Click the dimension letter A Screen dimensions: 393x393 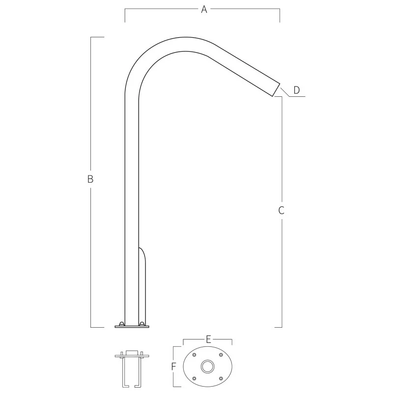pyautogui.click(x=204, y=9)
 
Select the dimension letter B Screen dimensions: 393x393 pyautogui.click(x=90, y=179)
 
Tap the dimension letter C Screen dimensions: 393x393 pyautogui.click(x=281, y=210)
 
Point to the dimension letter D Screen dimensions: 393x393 pyautogui.click(x=296, y=90)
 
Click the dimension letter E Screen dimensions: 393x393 pyautogui.click(x=208, y=339)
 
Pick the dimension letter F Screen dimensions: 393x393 pyautogui.click(x=173, y=366)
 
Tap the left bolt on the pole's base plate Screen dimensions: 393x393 pyautogui.click(x=121, y=323)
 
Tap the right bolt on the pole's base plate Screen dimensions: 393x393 pyautogui.click(x=142, y=323)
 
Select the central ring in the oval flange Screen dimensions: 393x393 pyautogui.click(x=207, y=366)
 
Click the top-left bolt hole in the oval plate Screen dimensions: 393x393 pyautogui.click(x=195, y=355)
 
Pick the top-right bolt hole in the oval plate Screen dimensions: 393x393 pyautogui.click(x=220, y=355)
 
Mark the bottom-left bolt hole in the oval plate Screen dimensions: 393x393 pyautogui.click(x=195, y=378)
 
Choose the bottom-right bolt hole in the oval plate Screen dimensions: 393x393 pyautogui.click(x=220, y=378)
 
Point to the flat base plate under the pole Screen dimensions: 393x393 pyautogui.click(x=132, y=326)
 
